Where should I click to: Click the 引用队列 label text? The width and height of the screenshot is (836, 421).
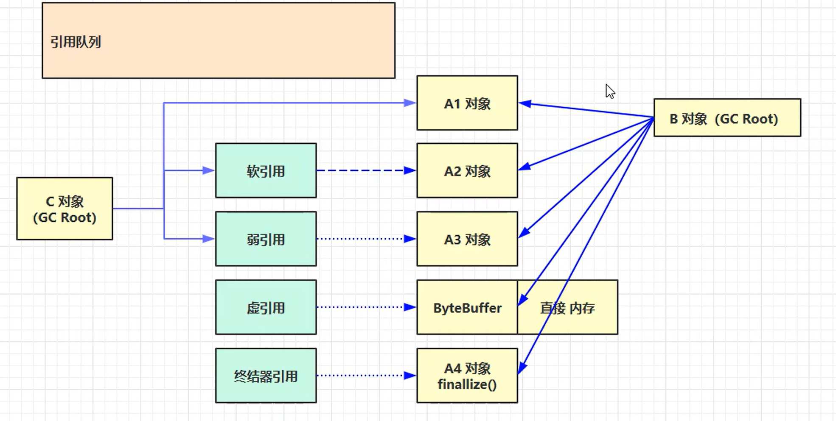pos(76,42)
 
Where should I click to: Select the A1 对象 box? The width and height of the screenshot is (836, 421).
pos(467,103)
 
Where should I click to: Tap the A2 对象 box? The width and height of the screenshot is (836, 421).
pos(467,170)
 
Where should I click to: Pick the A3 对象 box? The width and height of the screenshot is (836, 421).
pos(467,239)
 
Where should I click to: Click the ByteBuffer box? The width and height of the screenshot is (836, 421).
pos(467,307)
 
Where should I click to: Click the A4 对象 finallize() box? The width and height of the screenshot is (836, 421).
pos(467,375)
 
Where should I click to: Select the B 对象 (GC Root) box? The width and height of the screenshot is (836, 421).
pos(727,118)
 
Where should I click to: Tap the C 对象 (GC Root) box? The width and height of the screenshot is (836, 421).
pos(65,209)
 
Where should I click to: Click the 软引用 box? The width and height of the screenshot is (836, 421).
pos(266,170)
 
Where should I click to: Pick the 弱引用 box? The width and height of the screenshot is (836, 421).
pos(266,239)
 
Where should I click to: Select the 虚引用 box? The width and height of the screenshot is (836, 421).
pos(266,307)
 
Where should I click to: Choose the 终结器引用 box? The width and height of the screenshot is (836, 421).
pos(266,375)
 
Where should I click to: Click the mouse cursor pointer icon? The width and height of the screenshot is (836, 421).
pos(610,91)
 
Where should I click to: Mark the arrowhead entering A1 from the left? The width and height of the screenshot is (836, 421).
pos(410,103)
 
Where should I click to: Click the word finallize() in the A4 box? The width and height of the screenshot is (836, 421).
pos(467,384)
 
